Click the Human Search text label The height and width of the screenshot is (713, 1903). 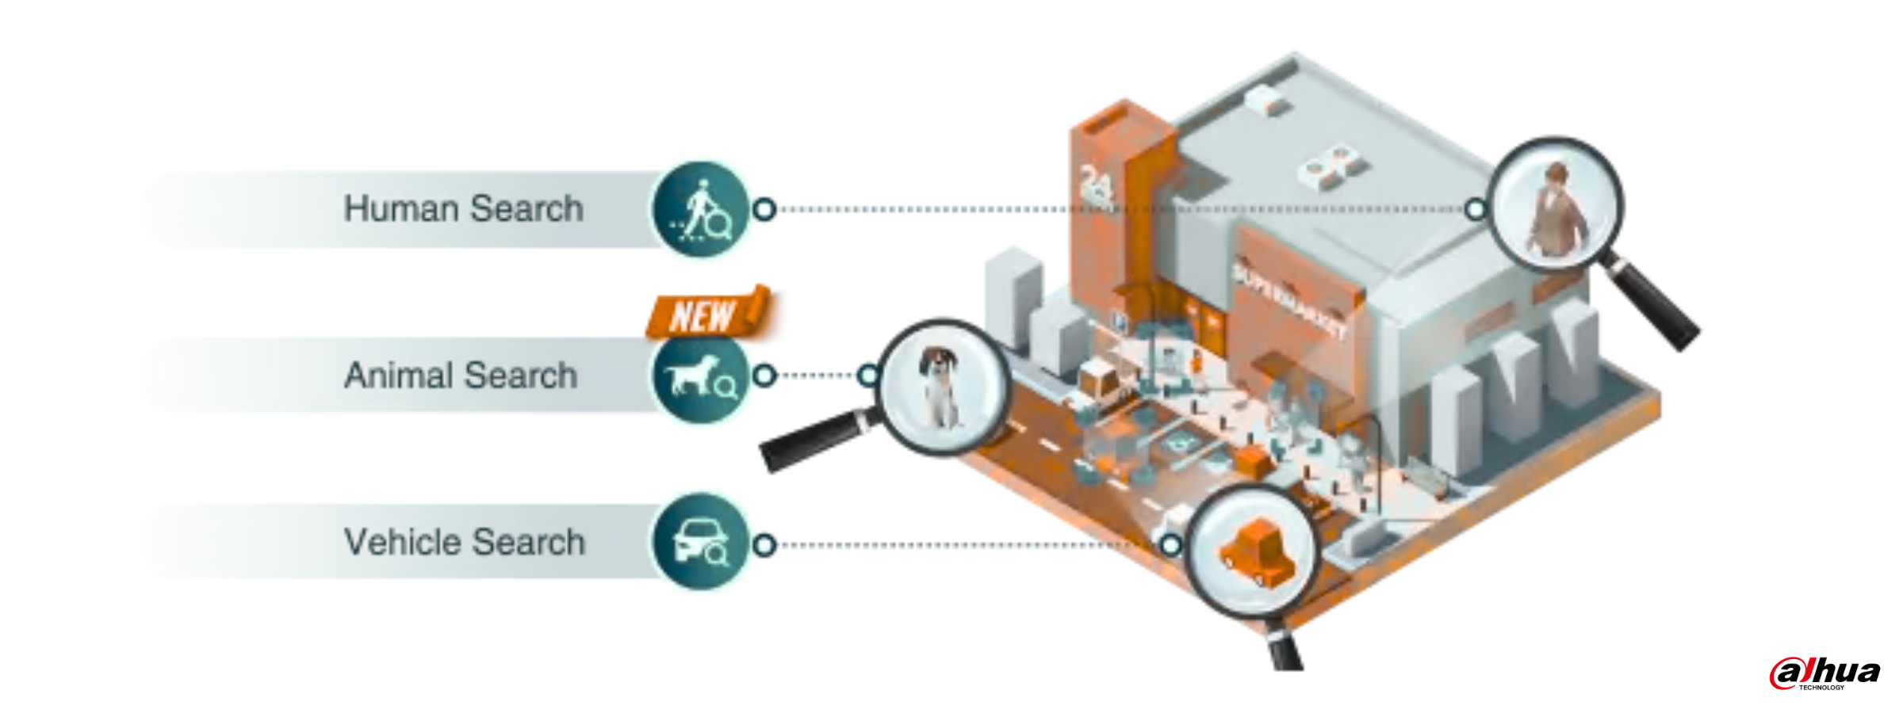464,209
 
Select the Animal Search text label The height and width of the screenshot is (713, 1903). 461,376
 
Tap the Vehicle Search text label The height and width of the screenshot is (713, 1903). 465,543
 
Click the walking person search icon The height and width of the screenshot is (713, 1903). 700,209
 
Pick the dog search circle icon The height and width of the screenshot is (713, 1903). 700,376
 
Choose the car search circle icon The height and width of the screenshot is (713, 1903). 700,543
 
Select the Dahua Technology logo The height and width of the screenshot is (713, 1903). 1825,673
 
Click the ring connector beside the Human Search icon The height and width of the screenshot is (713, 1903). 764,209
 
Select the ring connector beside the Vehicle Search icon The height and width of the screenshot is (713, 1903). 764,545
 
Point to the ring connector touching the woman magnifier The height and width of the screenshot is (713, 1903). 1475,209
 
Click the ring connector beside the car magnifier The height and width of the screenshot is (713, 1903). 1170,545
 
